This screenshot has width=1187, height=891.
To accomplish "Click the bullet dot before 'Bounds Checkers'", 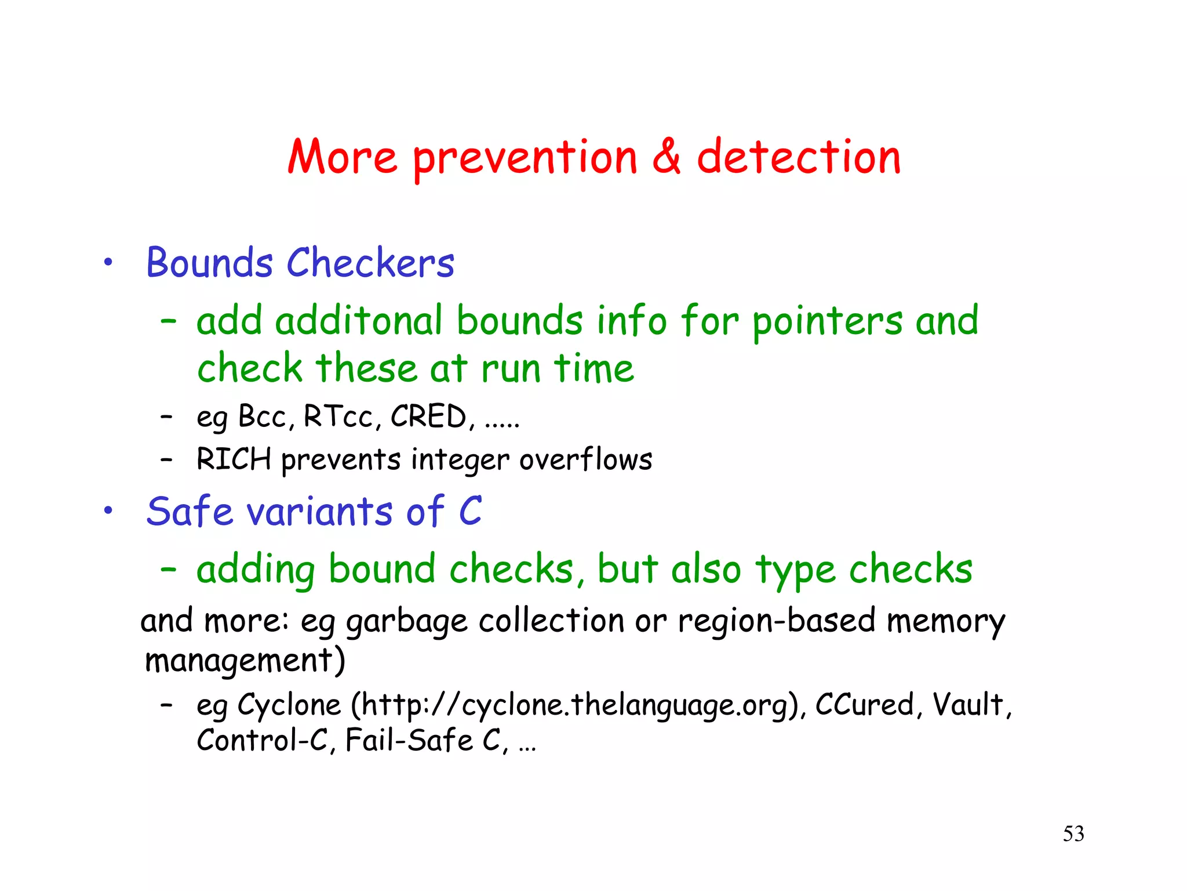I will pos(108,262).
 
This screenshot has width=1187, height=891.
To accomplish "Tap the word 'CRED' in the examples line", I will pos(428,416).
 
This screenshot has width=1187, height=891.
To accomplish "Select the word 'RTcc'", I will pos(338,416).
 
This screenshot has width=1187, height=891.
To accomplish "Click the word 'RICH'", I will pos(234,459).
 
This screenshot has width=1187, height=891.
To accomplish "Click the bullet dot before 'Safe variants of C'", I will pos(108,511).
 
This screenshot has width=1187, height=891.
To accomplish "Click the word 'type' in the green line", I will pos(795,571).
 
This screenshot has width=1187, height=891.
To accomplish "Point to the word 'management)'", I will pos(245,661).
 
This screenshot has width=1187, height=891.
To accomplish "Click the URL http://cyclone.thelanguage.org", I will pos(577,705).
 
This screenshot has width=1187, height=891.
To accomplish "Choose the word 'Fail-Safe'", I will pos(409,740).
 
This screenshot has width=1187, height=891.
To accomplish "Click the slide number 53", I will pos(1073,834).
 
